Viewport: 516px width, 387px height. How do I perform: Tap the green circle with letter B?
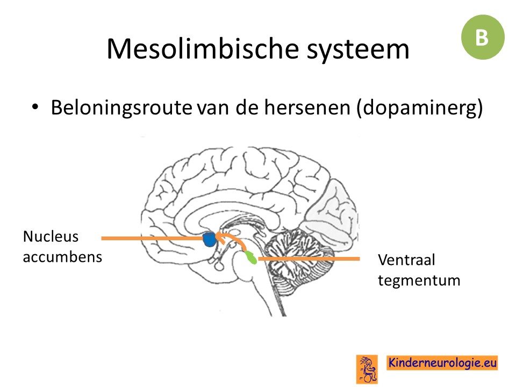click(x=483, y=37)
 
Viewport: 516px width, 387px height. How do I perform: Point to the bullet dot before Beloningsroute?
click(x=35, y=107)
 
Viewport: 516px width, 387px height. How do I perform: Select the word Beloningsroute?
click(x=122, y=107)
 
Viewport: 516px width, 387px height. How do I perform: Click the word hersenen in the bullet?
click(x=307, y=107)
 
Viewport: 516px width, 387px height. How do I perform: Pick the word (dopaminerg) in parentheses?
click(x=420, y=108)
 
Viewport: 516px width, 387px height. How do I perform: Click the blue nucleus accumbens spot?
click(x=209, y=239)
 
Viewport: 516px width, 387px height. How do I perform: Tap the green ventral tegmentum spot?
click(x=251, y=257)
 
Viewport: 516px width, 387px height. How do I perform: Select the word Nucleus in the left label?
click(x=51, y=236)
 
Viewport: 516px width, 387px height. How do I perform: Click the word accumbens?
click(x=62, y=257)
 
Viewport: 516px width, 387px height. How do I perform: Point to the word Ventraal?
click(x=406, y=260)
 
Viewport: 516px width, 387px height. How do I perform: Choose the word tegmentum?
click(x=419, y=281)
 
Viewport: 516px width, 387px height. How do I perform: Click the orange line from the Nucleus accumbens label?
click(x=153, y=238)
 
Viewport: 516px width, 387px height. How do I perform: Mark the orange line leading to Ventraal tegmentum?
click(x=309, y=259)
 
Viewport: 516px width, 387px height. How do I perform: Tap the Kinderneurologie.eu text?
click(x=442, y=363)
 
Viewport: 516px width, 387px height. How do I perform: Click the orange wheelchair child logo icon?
click(x=367, y=369)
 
